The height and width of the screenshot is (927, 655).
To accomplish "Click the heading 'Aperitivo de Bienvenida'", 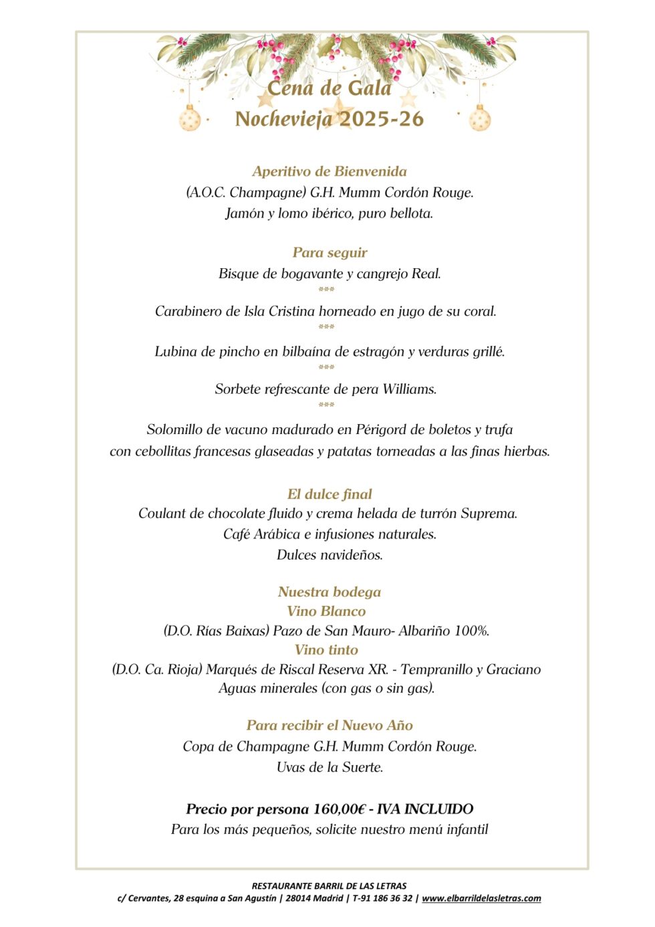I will [x=330, y=171].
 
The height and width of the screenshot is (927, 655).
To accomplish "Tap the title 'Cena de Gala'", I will [x=329, y=88].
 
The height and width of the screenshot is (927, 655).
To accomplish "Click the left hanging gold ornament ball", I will [x=190, y=120].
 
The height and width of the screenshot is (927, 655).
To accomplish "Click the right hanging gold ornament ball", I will [x=479, y=120].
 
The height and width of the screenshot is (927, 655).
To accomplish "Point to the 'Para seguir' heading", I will [x=330, y=252].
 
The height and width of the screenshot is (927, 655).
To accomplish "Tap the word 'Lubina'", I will [x=176, y=351].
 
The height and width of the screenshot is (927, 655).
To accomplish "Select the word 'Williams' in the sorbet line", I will [x=409, y=389].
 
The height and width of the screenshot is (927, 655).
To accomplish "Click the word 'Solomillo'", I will [x=176, y=429].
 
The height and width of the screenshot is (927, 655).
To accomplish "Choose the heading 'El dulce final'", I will [x=330, y=494].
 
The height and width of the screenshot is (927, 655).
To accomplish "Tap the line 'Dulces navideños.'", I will [x=330, y=554].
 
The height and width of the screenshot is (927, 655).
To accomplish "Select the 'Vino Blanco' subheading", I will [x=326, y=611].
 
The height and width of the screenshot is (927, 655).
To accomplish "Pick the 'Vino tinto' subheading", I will [x=326, y=649].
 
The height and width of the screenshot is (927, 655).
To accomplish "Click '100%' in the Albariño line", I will [x=471, y=630].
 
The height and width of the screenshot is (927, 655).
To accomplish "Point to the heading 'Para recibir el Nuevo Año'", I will [x=330, y=725].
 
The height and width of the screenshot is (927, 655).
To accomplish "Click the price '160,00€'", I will [x=339, y=809].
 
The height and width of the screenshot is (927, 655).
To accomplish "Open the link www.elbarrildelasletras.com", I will [x=481, y=898].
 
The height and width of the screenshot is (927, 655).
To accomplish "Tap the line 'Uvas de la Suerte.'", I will [x=330, y=766].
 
